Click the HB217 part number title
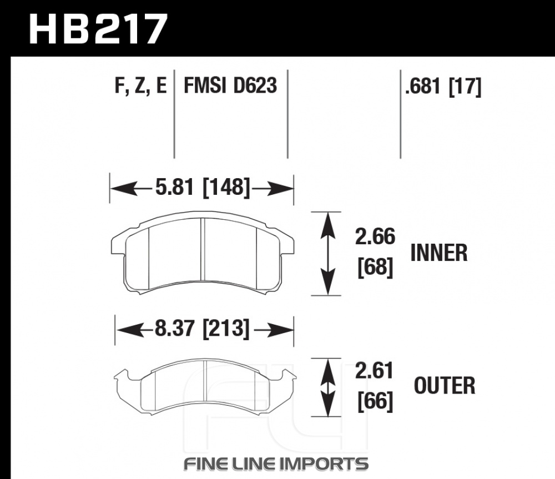[98, 29]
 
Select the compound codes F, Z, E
[140, 85]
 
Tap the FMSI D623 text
[230, 85]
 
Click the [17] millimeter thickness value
[465, 87]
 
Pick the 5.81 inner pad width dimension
[174, 186]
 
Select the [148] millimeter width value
[226, 187]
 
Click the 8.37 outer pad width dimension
[174, 328]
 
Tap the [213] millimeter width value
[226, 329]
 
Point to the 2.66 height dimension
[375, 236]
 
